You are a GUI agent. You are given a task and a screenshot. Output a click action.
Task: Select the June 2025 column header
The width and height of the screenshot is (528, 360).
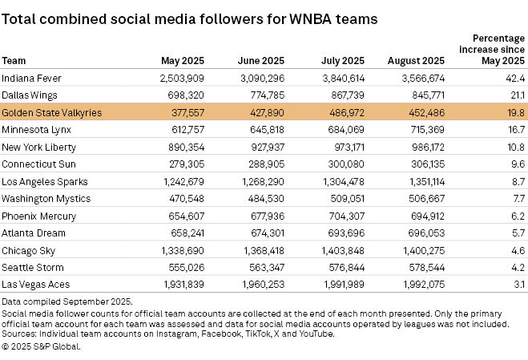click(261, 60)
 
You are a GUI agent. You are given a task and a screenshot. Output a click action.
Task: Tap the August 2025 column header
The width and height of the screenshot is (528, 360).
click(416, 60)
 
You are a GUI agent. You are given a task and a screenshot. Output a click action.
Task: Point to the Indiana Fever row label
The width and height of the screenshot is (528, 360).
click(32, 78)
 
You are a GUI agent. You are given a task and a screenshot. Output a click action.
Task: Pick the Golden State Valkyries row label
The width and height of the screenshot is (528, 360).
click(51, 113)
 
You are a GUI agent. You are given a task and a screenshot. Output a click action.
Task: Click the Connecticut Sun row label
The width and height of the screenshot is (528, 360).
click(37, 164)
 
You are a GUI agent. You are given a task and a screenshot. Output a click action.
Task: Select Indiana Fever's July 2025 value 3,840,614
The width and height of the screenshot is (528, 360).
click(343, 78)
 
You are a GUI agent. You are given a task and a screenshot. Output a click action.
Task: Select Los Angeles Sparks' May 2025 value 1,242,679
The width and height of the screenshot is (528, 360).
click(186, 181)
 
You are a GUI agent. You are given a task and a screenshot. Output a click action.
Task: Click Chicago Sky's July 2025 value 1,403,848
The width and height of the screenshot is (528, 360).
click(343, 250)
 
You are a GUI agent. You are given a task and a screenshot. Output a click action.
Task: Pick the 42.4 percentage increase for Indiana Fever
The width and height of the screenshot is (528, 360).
click(515, 78)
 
